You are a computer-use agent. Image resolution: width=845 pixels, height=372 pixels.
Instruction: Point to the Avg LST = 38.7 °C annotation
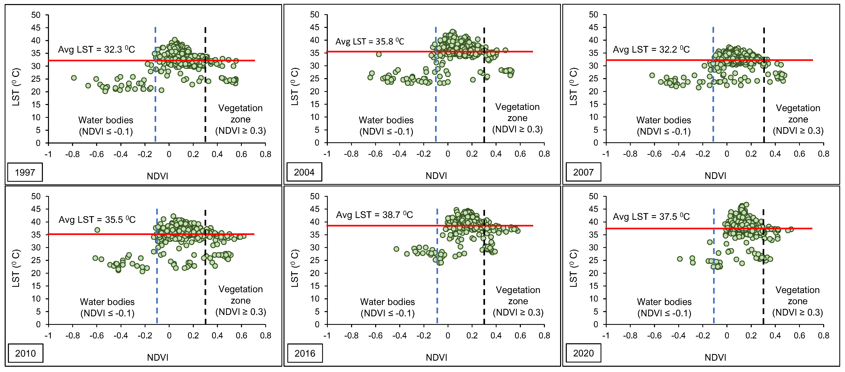pyautogui.click(x=374, y=215)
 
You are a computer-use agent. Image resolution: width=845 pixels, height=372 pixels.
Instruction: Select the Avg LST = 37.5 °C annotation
pyautogui.click(x=651, y=217)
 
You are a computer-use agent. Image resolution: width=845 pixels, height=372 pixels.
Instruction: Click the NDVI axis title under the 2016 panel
pyautogui.click(x=436, y=357)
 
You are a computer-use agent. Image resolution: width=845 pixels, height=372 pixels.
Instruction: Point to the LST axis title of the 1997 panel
pyautogui.click(x=16, y=87)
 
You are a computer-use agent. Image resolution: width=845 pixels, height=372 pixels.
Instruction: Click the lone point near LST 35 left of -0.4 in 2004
pyautogui.click(x=379, y=54)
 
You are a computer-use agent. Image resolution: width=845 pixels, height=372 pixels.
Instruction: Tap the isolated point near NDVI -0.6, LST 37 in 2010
pyautogui.click(x=97, y=230)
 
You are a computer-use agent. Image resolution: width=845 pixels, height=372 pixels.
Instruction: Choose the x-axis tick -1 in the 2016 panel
pyautogui.click(x=327, y=336)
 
